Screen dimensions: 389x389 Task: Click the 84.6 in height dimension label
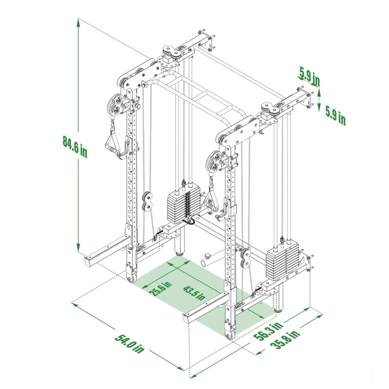click(x=75, y=147)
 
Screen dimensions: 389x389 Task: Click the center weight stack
click(x=183, y=206)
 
